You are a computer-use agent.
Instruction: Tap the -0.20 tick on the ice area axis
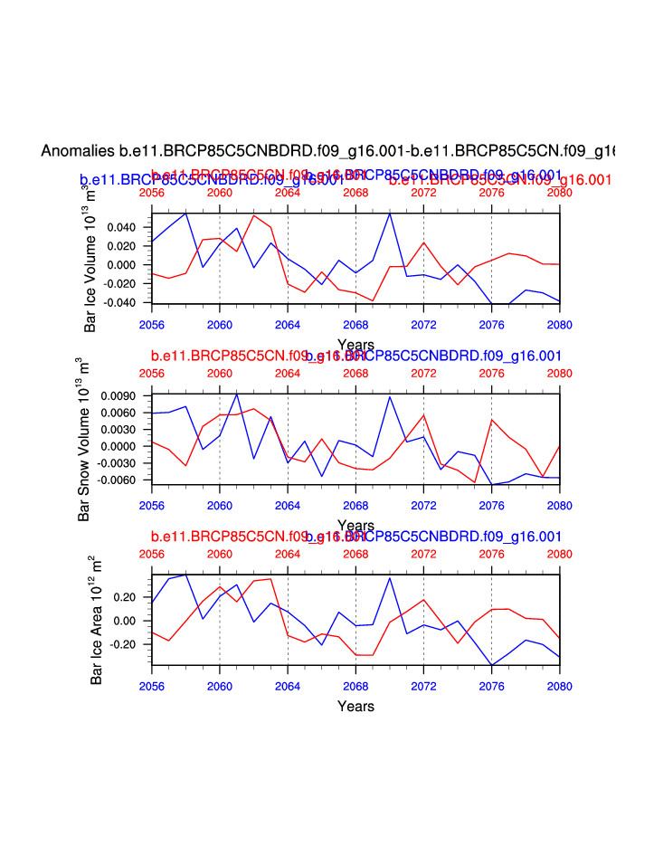click(130, 644)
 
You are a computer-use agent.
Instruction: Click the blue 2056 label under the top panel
click(152, 323)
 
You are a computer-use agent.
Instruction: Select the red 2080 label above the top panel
click(560, 193)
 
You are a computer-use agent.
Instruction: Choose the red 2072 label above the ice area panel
click(423, 553)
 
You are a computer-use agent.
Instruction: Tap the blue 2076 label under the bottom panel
click(491, 685)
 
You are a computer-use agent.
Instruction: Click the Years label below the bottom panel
click(355, 706)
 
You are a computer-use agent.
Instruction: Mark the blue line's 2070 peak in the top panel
click(390, 214)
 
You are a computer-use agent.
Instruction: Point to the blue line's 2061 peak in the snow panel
click(237, 394)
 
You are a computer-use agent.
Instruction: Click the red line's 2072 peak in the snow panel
click(423, 414)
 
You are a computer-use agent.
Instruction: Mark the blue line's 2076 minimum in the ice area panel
click(491, 665)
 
